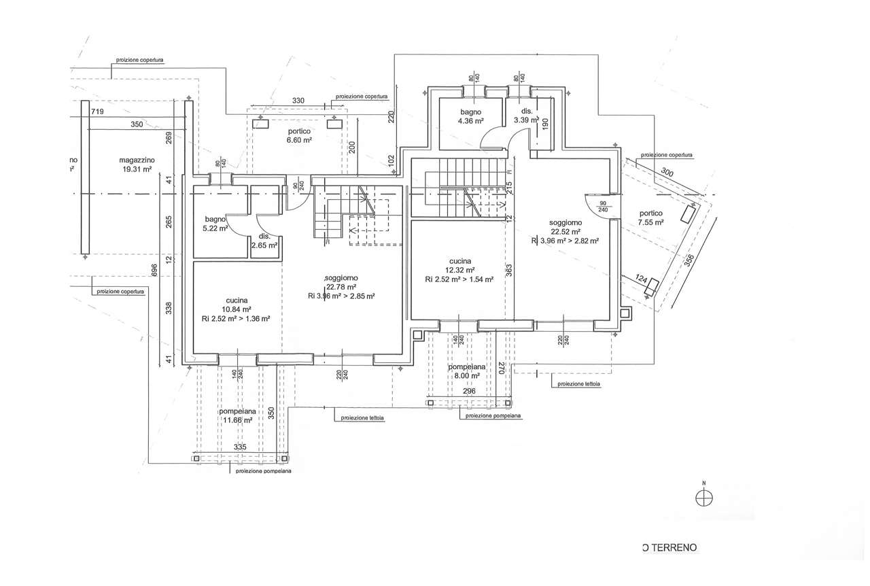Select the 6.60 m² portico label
tap(298, 136)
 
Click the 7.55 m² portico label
tap(650, 218)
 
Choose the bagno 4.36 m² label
tap(470, 116)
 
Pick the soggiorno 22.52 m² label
tap(565, 227)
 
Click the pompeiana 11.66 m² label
tap(237, 416)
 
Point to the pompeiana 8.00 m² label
tap(466, 370)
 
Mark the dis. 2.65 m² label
tap(264, 241)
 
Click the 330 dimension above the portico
tap(298, 101)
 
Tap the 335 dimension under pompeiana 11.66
tap(239, 447)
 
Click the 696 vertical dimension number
tap(155, 270)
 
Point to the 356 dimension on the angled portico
tap(689, 262)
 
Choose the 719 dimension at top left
tap(97, 111)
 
